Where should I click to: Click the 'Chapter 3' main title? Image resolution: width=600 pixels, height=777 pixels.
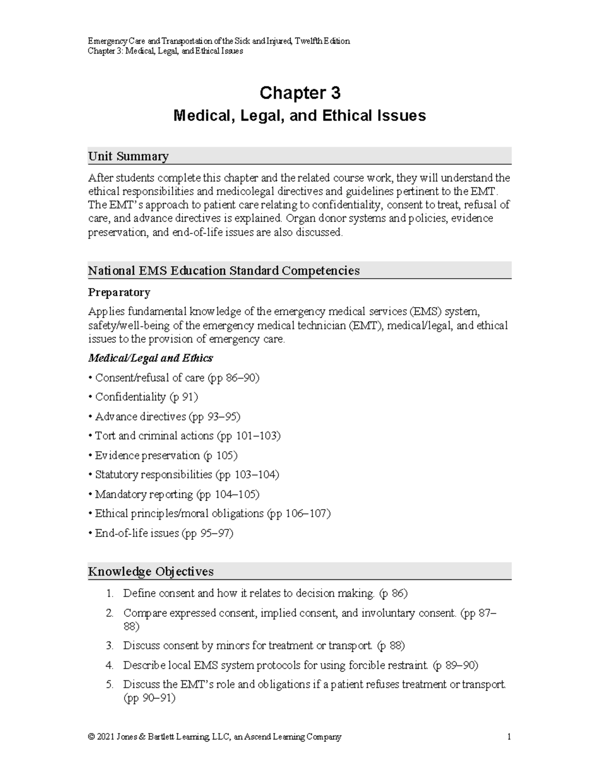point(299,93)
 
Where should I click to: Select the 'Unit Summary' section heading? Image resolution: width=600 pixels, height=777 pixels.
point(128,156)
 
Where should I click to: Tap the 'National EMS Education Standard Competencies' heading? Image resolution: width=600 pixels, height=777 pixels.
point(223,271)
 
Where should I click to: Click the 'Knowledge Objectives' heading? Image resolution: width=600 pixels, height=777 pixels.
point(150,571)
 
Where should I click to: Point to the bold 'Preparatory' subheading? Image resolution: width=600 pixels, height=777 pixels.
point(119,292)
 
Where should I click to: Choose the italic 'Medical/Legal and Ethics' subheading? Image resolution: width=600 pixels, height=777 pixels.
point(150,358)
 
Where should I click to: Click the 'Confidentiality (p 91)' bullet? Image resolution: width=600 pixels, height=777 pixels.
point(146,397)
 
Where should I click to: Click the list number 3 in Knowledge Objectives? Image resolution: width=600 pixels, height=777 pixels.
point(109,646)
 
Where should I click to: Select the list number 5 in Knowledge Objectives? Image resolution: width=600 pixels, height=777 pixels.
point(109,685)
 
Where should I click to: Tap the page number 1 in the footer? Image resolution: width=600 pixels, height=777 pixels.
point(508,737)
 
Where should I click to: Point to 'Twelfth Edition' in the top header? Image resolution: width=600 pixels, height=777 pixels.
point(322,41)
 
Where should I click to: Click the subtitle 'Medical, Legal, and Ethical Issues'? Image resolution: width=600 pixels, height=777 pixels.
point(299,116)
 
